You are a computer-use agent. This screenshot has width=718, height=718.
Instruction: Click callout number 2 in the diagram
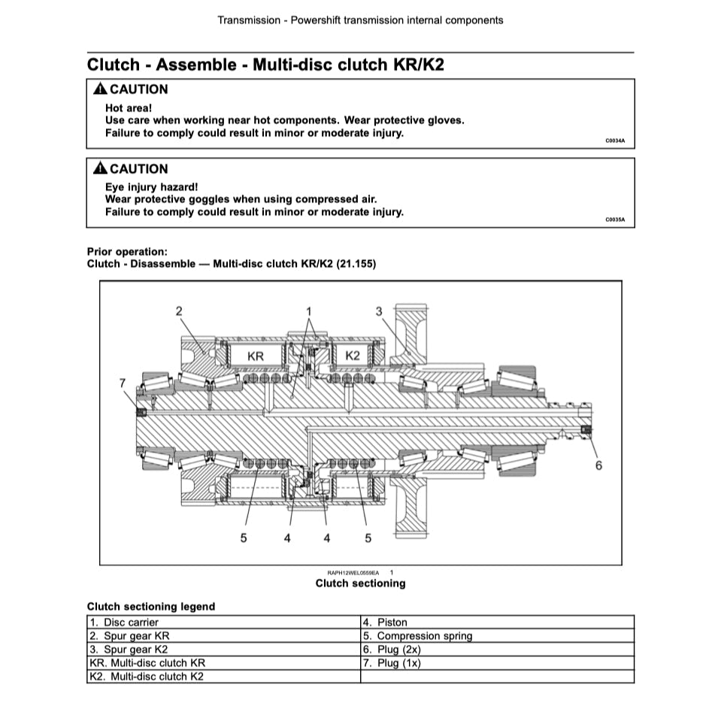coord(179,311)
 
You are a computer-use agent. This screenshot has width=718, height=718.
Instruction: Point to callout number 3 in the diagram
coord(380,311)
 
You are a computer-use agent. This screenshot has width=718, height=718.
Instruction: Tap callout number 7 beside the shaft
coord(123,383)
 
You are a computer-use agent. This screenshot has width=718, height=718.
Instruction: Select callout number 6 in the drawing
coord(598,465)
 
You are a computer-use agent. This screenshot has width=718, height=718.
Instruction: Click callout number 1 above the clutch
coord(308,311)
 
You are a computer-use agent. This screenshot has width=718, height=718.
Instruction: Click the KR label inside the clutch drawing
coord(256,356)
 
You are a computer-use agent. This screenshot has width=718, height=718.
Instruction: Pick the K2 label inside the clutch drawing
coord(353,355)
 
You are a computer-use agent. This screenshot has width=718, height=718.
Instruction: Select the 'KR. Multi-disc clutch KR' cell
coord(147,663)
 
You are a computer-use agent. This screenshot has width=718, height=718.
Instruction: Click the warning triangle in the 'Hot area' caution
coord(100,89)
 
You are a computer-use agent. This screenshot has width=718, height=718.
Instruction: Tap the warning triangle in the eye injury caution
coord(100,169)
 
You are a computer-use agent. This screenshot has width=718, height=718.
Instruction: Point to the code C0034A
coord(615,141)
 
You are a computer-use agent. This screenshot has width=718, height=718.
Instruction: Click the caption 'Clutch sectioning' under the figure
coord(360,583)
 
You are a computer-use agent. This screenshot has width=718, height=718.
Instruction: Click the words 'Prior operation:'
coord(127,252)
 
